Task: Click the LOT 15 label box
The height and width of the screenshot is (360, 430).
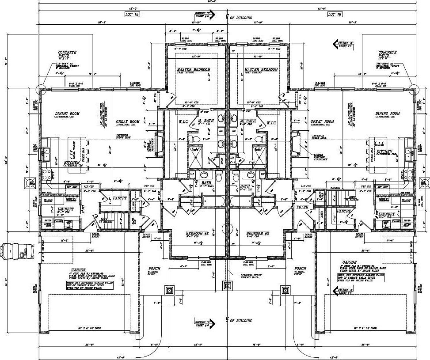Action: pos(132,14)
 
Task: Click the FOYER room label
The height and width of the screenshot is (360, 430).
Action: pos(302,207)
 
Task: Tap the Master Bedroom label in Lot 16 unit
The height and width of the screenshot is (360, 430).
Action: pos(261,70)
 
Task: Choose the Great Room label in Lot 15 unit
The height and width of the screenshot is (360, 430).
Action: pos(128,121)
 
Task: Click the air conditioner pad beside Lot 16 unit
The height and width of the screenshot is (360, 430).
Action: pos(425,182)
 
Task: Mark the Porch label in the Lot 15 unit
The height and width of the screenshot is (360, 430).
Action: pos(154,269)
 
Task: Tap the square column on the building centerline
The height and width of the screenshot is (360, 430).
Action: pos(227,285)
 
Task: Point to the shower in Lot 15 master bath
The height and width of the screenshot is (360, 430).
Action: pos(195,152)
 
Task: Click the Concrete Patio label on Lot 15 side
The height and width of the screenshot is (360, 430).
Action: pos(67,55)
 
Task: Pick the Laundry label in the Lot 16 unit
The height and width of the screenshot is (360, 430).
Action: pos(387,215)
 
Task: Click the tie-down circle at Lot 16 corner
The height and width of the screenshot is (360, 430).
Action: pos(414,88)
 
